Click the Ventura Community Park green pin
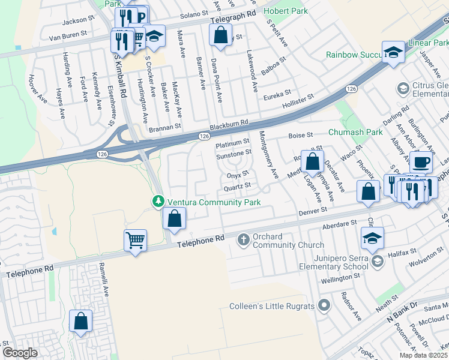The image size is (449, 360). (x=158, y=201)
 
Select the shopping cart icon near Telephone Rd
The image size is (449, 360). (x=135, y=241)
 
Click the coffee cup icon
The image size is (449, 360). (x=421, y=163)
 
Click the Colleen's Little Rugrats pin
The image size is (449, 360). (x=324, y=306)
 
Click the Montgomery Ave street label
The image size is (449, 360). (x=268, y=155)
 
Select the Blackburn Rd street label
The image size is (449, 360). (x=229, y=125)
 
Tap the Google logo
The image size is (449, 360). (x=20, y=352)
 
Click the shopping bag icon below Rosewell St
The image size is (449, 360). (x=312, y=161)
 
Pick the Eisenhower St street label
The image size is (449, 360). (x=111, y=106)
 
